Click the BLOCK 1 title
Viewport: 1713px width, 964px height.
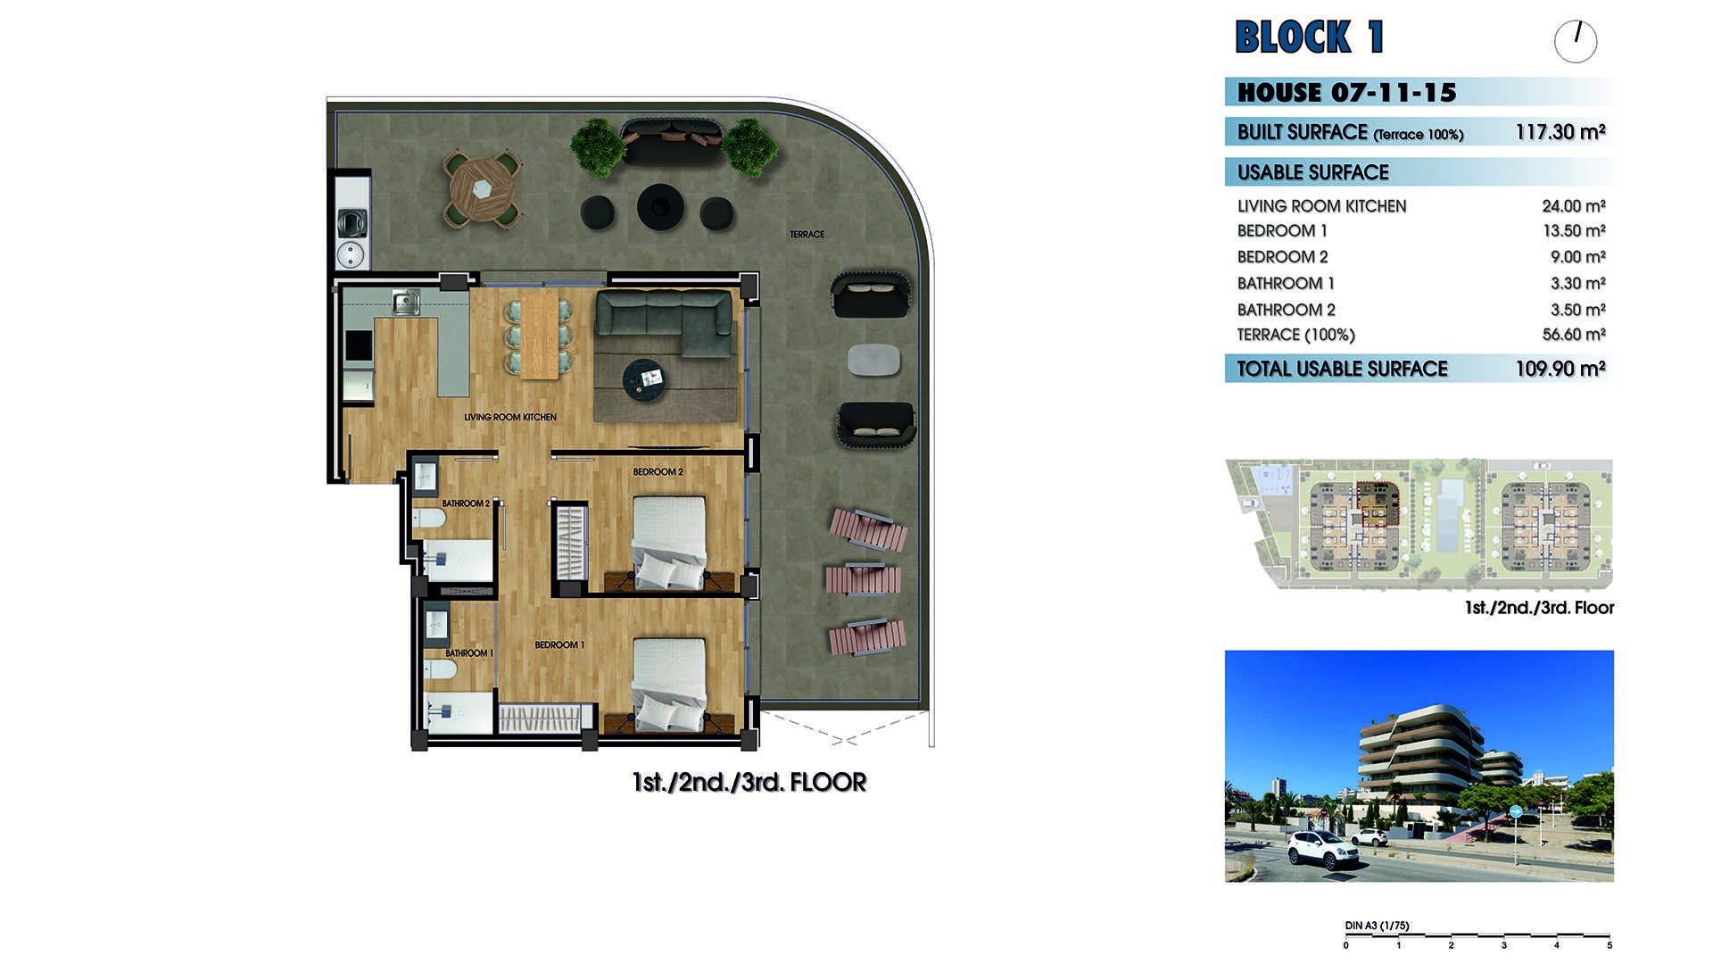pos(1309,37)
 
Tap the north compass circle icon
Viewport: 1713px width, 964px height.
pos(1576,41)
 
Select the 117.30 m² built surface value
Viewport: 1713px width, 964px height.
pos(1560,132)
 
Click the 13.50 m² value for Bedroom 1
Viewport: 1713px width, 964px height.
pos(1574,231)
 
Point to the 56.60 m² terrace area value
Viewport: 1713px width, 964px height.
pos(1574,335)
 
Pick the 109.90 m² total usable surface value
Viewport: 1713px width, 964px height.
pos(1560,369)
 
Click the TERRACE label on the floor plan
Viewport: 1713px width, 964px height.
pos(807,235)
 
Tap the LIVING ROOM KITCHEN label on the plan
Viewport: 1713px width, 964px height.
pos(510,417)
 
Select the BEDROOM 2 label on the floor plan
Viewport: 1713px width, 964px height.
pos(658,471)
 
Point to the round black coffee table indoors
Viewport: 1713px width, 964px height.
pos(644,378)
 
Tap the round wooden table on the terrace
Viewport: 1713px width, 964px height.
pos(483,189)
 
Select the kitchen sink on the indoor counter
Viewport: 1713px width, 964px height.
pos(406,303)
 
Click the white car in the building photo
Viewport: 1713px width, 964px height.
pos(1324,849)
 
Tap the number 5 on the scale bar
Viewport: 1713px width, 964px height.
pos(1610,945)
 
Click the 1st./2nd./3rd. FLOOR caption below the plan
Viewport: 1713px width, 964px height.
pos(749,783)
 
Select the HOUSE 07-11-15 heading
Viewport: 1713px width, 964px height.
pos(1347,93)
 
